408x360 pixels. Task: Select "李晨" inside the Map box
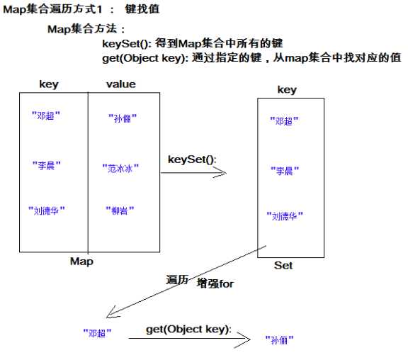click(x=47, y=165)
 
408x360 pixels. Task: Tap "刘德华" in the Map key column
click(x=47, y=210)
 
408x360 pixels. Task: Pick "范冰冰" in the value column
click(x=120, y=169)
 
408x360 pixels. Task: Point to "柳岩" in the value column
click(x=119, y=210)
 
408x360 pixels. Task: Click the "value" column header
click(x=120, y=84)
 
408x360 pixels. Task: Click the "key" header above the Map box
click(x=48, y=84)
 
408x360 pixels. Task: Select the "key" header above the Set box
click(x=287, y=90)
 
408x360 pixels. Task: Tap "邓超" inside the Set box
click(x=284, y=121)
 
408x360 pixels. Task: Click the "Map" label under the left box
click(x=81, y=261)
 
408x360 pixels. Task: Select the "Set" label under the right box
click(x=283, y=266)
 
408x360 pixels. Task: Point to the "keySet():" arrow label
click(x=191, y=159)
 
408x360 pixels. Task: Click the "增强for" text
click(x=215, y=283)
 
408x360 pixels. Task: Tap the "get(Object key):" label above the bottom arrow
click(x=188, y=330)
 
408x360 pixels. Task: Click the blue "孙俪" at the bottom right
click(x=279, y=340)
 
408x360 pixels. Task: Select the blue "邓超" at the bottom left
click(x=96, y=331)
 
